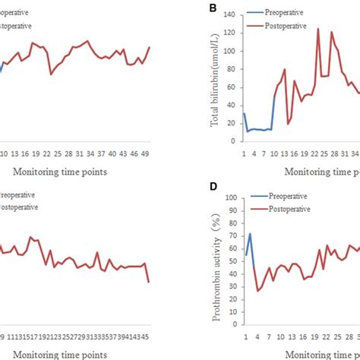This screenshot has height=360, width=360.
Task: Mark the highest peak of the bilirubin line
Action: [317, 29]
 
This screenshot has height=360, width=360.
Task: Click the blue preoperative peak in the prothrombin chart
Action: [250, 234]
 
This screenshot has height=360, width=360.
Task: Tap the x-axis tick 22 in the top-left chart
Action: [47, 153]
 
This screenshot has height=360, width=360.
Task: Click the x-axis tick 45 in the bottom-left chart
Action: [144, 336]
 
